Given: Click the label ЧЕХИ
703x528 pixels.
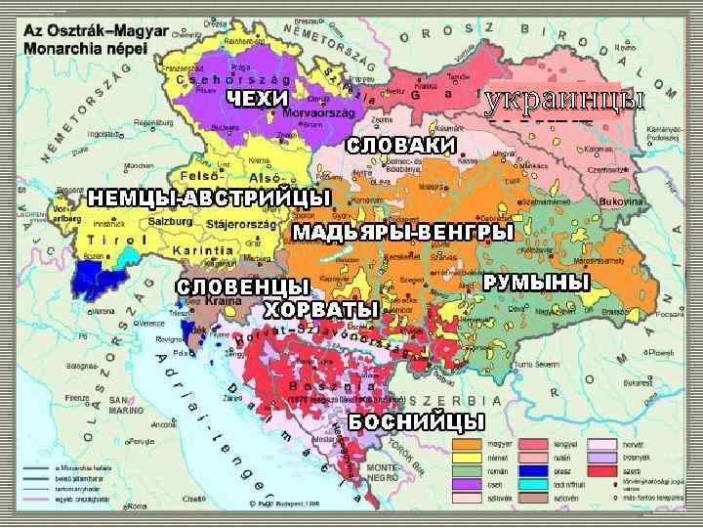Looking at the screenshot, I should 258,98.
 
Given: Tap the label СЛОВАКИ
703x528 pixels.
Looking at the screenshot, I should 401,145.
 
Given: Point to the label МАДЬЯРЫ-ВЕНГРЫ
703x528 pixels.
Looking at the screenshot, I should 402,233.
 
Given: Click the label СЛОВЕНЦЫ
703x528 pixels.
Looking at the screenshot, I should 243,286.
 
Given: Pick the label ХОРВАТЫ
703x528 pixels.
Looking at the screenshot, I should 321,310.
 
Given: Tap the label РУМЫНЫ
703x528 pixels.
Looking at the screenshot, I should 538,282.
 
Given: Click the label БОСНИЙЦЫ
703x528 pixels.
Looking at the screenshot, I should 417,422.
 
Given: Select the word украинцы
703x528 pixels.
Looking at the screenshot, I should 565,100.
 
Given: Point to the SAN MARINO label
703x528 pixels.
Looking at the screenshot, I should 124,403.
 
